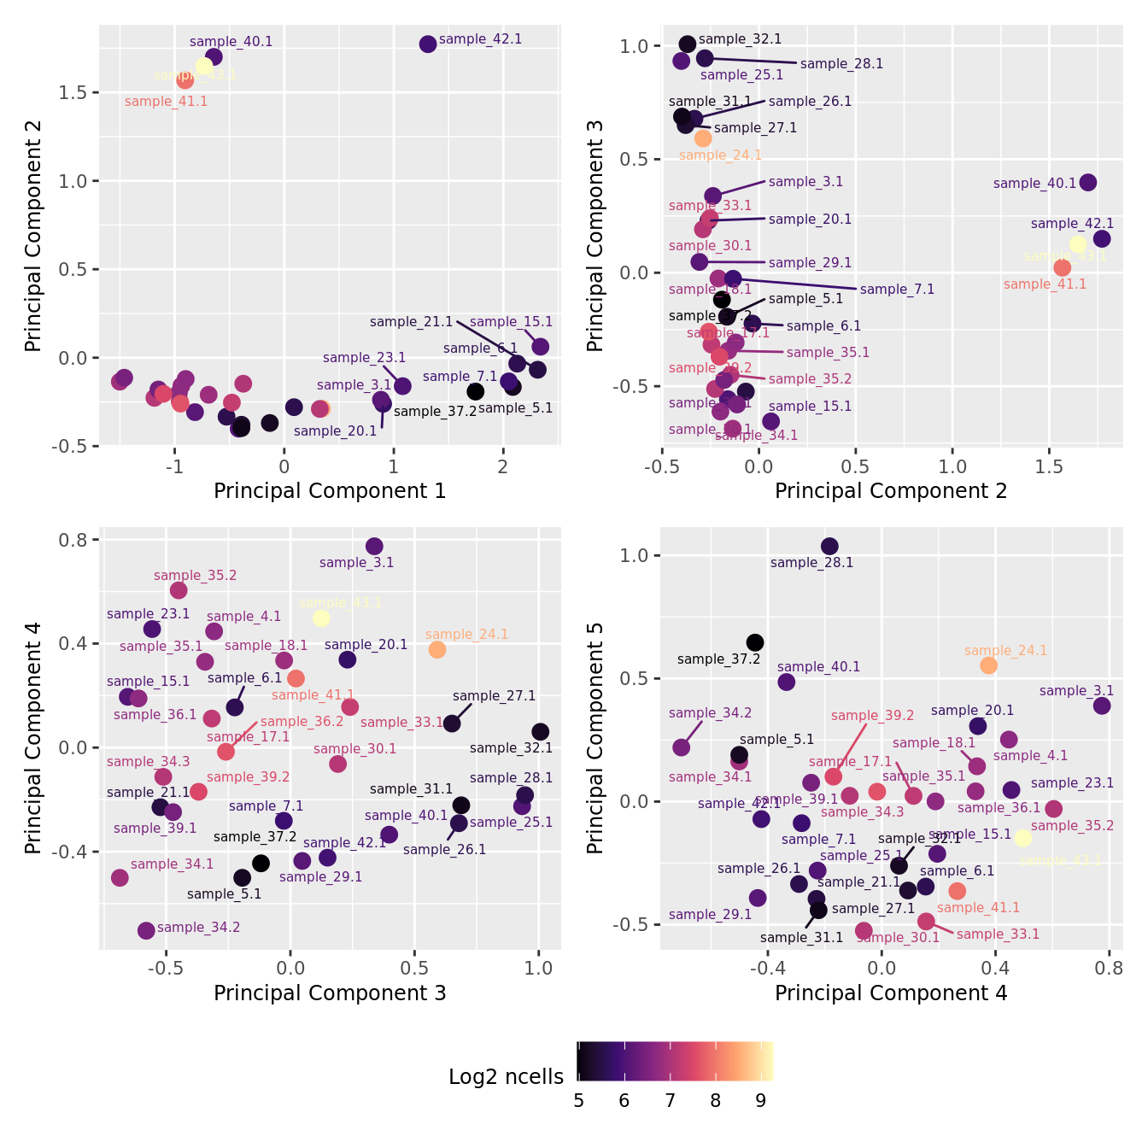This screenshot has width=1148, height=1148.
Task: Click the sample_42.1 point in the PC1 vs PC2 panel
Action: point(428,44)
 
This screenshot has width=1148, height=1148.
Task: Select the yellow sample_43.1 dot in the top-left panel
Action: point(204,66)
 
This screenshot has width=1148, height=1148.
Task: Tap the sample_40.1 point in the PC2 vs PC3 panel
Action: point(1087,182)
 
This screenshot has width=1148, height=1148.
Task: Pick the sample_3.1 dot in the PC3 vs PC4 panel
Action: point(374,547)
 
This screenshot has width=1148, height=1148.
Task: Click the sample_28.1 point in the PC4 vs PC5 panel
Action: point(829,546)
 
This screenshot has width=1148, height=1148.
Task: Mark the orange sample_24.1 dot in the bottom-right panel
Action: point(988,665)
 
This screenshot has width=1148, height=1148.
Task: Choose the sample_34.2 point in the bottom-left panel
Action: point(146,930)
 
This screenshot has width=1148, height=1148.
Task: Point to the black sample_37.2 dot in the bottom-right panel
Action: point(755,642)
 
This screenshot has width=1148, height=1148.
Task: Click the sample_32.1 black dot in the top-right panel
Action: point(687,44)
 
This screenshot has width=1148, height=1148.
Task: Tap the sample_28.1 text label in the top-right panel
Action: point(841,64)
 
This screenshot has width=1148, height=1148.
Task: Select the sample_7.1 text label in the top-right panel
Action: point(897,290)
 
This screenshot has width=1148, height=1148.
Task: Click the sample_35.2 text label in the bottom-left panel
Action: point(196,576)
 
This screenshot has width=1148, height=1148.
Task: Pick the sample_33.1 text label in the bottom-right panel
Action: point(998,934)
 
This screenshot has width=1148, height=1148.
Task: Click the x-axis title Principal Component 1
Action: point(330,491)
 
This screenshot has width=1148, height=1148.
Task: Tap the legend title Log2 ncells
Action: point(506,1077)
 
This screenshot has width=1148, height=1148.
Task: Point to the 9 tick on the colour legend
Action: point(761,1101)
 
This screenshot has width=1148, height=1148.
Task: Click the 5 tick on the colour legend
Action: point(579,1101)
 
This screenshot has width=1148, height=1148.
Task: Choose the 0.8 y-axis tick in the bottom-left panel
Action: point(79,540)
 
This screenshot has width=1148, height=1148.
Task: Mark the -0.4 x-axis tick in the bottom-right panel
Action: point(767,969)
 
